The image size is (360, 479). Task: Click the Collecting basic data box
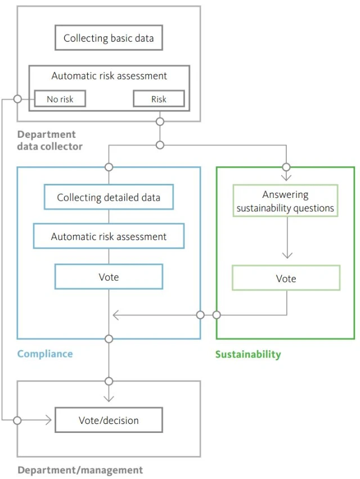109,39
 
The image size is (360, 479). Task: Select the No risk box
60,99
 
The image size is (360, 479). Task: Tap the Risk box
159,99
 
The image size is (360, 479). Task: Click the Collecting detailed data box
109,197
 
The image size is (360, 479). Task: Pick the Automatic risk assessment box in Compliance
109,237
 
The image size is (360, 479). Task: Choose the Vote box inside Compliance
109,277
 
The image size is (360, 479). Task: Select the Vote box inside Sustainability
286,278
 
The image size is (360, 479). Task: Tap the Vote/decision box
109,420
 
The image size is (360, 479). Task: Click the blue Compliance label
45,354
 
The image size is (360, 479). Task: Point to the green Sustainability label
248,354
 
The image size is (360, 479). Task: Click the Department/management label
80,470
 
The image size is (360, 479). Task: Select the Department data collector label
50,141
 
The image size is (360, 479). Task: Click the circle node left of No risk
17,99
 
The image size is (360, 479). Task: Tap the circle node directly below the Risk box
160,121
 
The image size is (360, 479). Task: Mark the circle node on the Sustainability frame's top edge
286,167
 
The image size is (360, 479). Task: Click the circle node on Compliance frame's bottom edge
109,339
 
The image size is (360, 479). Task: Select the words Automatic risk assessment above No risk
109,76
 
